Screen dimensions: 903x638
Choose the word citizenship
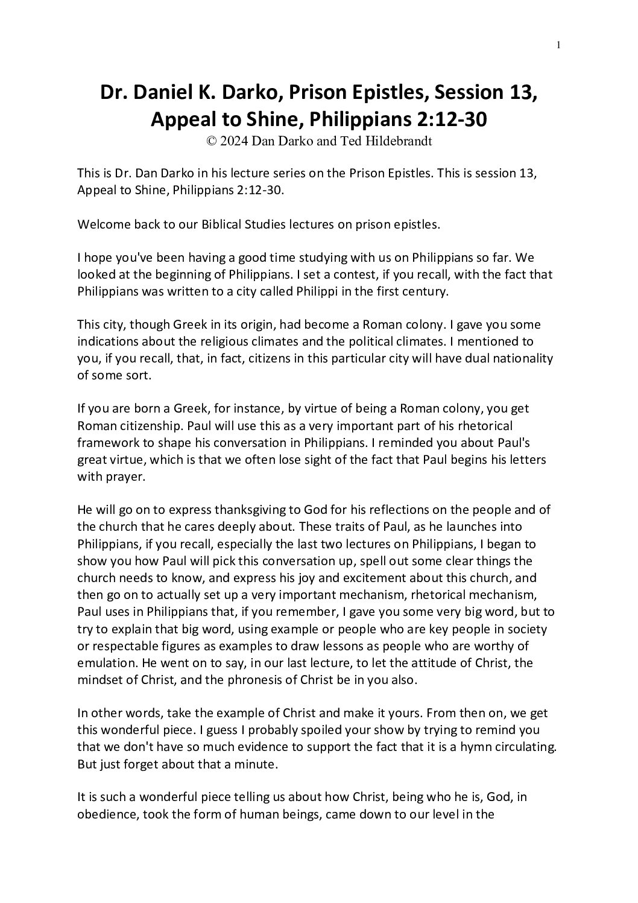pos(143,425)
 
